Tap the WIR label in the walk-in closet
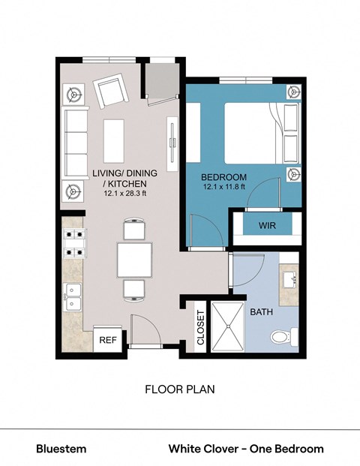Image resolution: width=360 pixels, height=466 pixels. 268,225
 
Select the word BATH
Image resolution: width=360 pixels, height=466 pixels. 262,311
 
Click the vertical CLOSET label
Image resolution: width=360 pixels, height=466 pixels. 200,327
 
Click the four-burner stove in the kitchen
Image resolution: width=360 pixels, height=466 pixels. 75,241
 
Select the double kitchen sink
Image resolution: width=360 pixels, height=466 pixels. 73,296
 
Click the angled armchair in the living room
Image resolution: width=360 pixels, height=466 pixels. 113,93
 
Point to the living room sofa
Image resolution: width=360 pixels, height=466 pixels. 75,141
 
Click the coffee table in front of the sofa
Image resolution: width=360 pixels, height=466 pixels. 114,140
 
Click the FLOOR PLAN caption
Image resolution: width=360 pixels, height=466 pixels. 179,390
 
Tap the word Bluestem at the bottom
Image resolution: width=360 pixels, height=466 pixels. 61,449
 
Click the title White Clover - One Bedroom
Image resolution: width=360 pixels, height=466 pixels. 246,449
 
